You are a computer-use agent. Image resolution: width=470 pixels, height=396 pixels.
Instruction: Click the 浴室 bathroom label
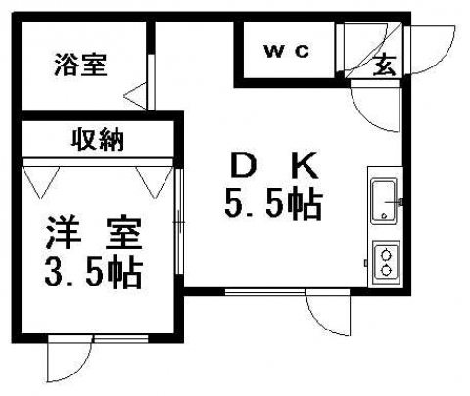click(x=80, y=65)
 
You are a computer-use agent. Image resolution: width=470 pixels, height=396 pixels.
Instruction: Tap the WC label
click(x=287, y=52)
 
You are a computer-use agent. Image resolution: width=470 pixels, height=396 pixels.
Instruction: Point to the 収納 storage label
click(x=98, y=140)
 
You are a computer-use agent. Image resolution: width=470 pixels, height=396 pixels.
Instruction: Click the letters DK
click(x=274, y=165)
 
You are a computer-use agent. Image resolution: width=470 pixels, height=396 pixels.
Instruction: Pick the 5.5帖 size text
click(x=273, y=203)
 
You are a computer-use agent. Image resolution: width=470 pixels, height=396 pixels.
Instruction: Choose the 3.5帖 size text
click(x=94, y=273)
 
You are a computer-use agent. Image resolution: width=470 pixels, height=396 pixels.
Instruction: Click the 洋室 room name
click(x=94, y=233)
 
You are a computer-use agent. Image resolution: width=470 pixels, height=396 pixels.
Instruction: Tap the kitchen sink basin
click(x=385, y=200)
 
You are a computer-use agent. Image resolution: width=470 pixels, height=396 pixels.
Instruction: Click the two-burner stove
click(x=387, y=260)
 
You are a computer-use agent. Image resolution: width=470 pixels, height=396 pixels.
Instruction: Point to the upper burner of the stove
click(x=387, y=253)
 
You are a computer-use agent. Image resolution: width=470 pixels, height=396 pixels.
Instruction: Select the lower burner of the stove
click(x=387, y=270)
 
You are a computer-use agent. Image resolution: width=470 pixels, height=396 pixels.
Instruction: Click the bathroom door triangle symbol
click(x=135, y=96)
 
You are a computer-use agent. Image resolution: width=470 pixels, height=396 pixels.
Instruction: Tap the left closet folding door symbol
click(x=41, y=183)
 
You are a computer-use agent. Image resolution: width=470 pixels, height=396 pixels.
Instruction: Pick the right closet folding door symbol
click(x=155, y=183)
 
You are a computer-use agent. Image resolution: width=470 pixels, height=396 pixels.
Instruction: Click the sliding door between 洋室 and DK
click(x=178, y=222)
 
